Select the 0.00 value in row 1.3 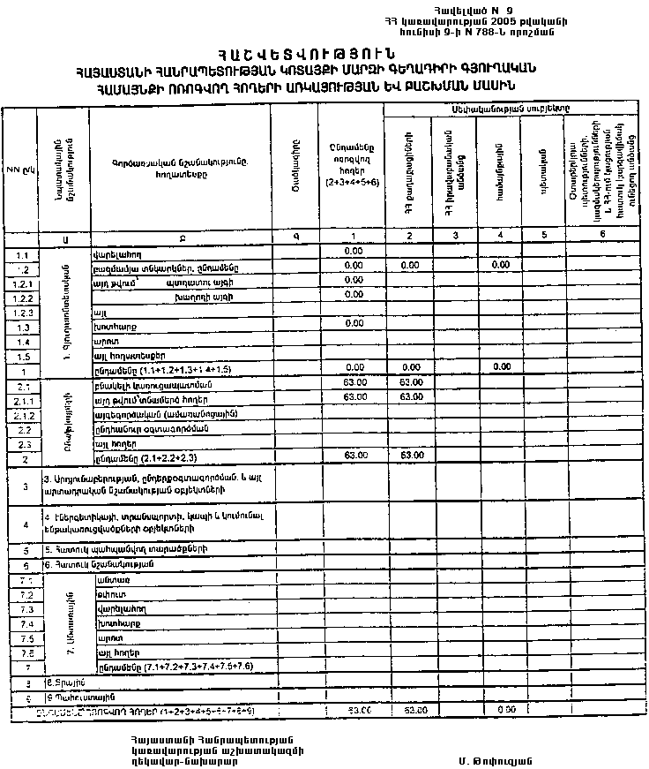click(x=354, y=324)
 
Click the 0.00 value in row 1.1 click(x=354, y=252)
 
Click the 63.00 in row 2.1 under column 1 click(x=354, y=383)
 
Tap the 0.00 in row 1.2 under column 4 click(x=501, y=266)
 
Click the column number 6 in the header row click(x=602, y=235)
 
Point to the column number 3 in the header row click(x=454, y=235)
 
